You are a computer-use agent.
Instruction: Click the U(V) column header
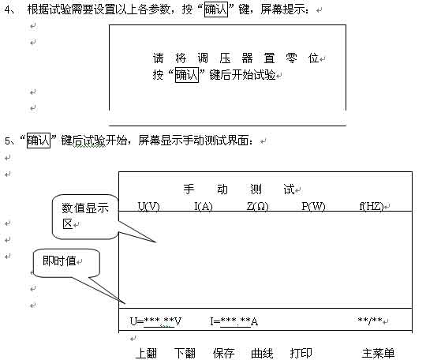(x=149, y=207)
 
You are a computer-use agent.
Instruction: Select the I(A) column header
(x=204, y=207)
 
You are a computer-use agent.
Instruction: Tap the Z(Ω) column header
(x=258, y=207)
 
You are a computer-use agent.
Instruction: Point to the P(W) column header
(x=313, y=207)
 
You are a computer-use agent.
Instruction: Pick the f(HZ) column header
(x=372, y=207)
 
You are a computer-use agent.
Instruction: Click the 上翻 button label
(x=146, y=353)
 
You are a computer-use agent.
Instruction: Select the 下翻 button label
(x=185, y=353)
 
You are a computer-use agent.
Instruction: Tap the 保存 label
(x=223, y=353)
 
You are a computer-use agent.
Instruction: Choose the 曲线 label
(x=262, y=353)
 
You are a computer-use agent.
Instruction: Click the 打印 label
(x=301, y=353)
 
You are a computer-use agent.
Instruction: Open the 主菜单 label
(x=378, y=353)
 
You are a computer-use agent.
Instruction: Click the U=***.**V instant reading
(x=156, y=321)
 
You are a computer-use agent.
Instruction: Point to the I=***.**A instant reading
(x=234, y=321)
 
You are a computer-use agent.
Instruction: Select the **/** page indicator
(x=370, y=321)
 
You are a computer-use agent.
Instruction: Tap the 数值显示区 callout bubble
(x=85, y=216)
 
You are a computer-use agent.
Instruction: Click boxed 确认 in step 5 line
(x=39, y=141)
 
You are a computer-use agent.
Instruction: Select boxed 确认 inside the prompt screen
(x=187, y=75)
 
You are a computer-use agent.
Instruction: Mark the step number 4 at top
(x=7, y=9)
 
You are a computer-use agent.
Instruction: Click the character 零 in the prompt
(x=291, y=58)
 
